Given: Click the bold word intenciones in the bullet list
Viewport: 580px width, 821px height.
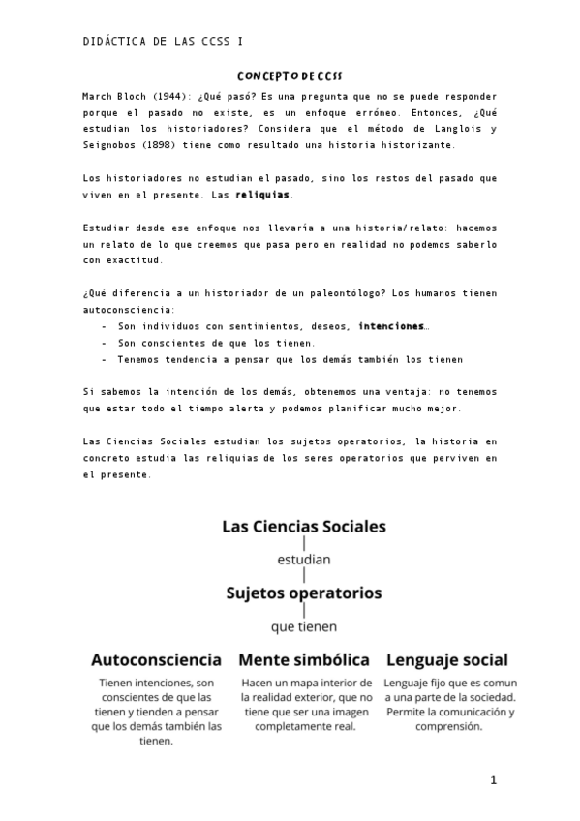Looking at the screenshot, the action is coord(390,326).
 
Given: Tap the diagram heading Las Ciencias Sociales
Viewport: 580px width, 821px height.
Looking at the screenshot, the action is coord(304,527).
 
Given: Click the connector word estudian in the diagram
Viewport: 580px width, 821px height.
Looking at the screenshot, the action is coord(304,559).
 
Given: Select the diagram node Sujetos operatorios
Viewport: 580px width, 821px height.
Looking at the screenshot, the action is coord(304,592).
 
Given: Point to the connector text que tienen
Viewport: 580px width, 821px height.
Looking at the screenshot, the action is coord(304,626).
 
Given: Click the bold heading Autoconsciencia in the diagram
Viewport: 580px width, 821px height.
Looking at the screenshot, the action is coord(156,660).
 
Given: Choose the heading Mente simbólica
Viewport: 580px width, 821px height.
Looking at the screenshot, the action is coord(304,660).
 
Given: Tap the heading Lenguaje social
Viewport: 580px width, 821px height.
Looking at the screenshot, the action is coord(447,660).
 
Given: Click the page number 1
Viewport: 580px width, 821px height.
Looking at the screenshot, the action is coord(493,780).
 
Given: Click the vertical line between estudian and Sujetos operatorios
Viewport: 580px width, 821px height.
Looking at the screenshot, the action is coord(304,575).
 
